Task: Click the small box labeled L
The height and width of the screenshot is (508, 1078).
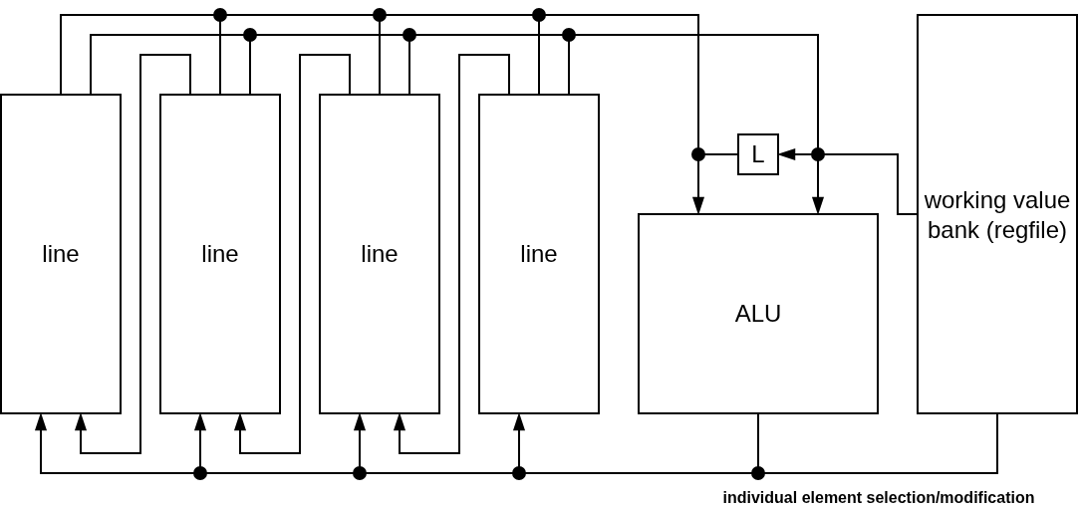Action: (757, 154)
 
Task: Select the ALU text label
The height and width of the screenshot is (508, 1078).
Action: (757, 314)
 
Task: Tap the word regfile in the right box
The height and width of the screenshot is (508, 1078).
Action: (1027, 230)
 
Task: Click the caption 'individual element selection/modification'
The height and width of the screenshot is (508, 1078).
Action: (878, 497)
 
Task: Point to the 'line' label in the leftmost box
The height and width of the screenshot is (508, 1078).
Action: (60, 254)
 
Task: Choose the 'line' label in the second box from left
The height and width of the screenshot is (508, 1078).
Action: (219, 254)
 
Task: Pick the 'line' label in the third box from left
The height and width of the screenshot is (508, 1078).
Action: (379, 254)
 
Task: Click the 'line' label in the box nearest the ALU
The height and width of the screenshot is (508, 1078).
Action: (538, 254)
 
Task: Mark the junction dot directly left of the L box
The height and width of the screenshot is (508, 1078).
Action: (698, 154)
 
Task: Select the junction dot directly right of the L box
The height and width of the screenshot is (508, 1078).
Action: (818, 154)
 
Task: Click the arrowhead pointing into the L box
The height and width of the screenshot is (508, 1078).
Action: (786, 154)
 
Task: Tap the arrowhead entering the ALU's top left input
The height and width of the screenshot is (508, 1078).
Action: (698, 205)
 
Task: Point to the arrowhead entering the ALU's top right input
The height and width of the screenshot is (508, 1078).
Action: (818, 205)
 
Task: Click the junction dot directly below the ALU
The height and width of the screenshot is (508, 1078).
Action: (758, 473)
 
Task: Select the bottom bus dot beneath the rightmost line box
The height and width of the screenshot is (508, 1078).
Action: (519, 473)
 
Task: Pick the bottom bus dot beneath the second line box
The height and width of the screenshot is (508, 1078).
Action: (200, 473)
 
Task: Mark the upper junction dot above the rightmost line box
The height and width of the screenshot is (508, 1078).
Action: (539, 15)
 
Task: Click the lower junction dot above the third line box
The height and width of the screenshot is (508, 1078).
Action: (409, 35)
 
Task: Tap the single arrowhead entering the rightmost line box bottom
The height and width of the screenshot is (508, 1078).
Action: (519, 422)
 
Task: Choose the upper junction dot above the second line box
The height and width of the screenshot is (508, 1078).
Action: (220, 15)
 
